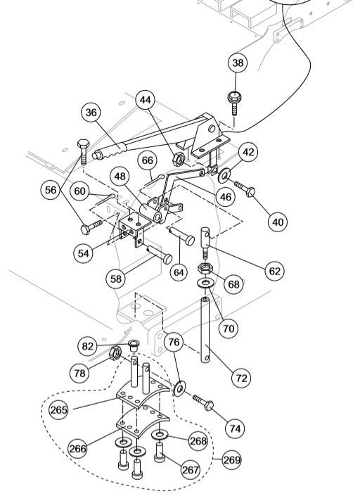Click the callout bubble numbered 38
click(x=238, y=63)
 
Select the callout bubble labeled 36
click(x=91, y=112)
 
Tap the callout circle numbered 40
click(x=278, y=222)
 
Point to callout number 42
click(x=248, y=152)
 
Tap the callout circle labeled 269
click(x=231, y=460)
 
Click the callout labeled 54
click(x=85, y=253)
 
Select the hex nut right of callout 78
click(x=112, y=352)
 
